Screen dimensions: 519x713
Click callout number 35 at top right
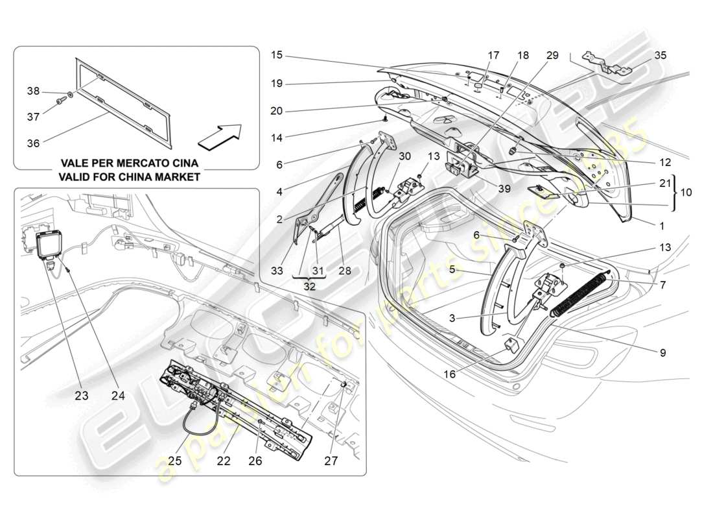click(x=660, y=56)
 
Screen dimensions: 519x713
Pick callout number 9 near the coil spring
click(x=662, y=353)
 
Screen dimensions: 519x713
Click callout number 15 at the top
click(x=277, y=56)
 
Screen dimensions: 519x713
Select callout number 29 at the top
click(x=552, y=56)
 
